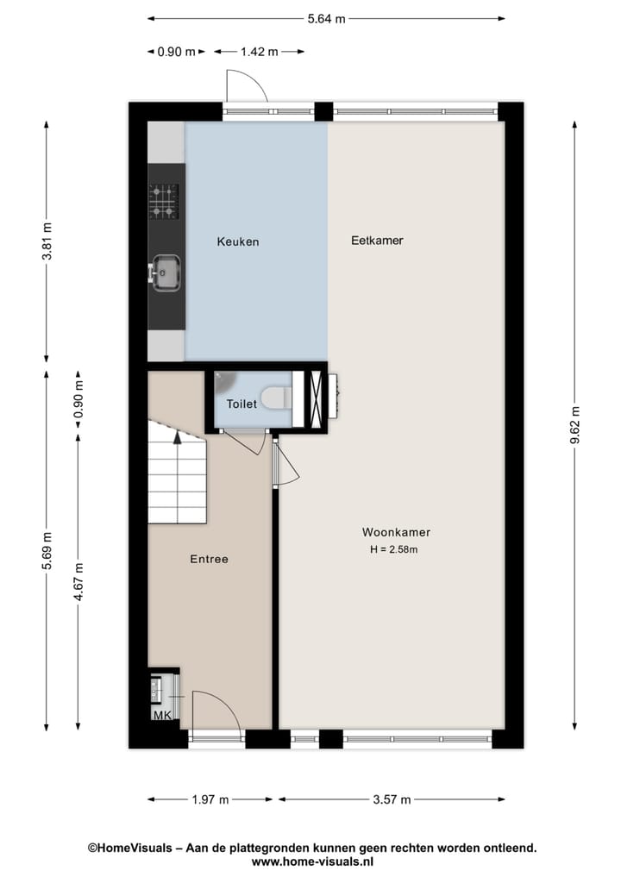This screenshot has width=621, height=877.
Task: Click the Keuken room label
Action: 237,242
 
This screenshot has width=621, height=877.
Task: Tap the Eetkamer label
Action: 377,241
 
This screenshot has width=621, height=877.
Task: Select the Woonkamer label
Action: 396,533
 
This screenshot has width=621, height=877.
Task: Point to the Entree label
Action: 209,560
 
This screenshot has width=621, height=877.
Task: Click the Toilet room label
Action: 241,404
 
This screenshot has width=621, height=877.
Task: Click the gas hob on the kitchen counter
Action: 164,201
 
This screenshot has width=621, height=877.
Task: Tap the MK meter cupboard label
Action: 161,716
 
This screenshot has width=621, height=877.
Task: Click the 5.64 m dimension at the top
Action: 327,18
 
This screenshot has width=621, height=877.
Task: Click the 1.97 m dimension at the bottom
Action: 211,799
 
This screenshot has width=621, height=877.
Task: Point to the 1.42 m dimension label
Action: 259,52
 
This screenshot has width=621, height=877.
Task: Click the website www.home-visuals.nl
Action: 311,861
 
